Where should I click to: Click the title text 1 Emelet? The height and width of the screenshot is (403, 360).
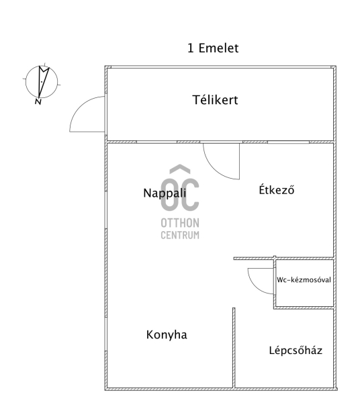[213, 48]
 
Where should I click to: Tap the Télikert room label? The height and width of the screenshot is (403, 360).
[216, 99]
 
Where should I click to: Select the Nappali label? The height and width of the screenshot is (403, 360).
[165, 193]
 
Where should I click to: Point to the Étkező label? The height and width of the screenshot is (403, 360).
[277, 189]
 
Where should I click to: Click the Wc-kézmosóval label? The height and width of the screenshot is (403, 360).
[304, 279]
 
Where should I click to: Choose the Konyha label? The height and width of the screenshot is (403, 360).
[167, 334]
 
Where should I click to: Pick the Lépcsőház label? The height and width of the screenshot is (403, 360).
[296, 350]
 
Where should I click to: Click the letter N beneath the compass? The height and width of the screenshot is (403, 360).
[38, 102]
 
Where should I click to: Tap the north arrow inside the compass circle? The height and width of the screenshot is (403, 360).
[43, 81]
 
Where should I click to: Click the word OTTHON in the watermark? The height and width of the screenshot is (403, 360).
[180, 223]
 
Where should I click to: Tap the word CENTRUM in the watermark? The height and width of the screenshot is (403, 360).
[180, 235]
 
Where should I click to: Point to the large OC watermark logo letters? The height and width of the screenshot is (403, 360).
[180, 195]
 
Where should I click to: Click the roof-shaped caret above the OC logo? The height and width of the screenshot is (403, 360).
[180, 169]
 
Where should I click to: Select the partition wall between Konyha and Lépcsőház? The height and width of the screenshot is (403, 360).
[234, 347]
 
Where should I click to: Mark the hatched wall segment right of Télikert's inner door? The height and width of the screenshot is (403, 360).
[255, 142]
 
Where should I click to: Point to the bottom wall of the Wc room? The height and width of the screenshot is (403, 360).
[304, 308]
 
